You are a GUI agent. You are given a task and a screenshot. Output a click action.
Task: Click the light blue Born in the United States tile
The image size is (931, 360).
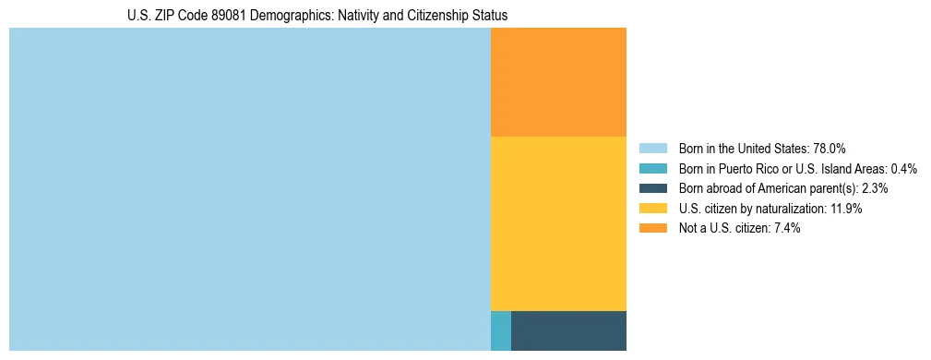point(249,189)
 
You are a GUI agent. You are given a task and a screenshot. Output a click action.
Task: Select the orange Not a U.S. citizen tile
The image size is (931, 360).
point(558,82)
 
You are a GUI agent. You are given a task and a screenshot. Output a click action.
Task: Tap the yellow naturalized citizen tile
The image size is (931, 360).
point(558,223)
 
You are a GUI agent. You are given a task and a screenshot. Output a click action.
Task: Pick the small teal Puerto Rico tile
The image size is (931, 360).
point(500,330)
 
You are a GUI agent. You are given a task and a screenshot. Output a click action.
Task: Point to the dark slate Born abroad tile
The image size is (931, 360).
point(568,330)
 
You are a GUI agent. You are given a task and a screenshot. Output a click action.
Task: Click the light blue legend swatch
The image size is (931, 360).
point(652,149)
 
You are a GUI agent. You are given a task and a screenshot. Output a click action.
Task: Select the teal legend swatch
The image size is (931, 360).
point(652,169)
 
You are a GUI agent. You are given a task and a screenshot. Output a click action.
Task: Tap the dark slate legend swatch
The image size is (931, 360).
point(652,188)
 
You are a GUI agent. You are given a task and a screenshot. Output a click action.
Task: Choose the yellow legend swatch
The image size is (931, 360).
point(652,209)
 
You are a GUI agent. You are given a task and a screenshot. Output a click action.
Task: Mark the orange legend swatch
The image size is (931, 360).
point(652,229)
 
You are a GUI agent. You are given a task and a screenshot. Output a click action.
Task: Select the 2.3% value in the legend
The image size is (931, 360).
point(875,188)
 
